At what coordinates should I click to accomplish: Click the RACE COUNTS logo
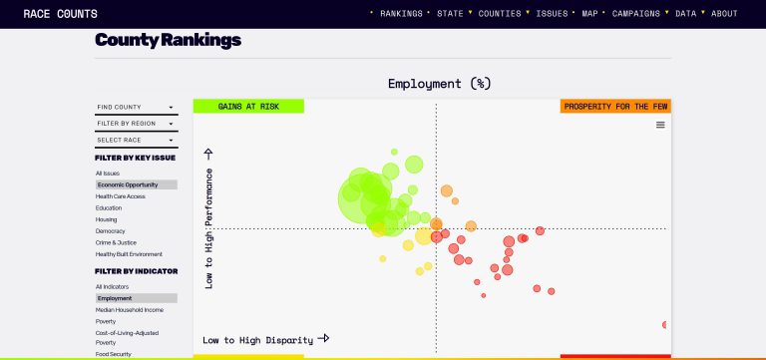(x=61, y=14)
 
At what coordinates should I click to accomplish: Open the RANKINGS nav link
(x=402, y=14)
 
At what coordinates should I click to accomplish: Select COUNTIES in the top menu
(x=500, y=14)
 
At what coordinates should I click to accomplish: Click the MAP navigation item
(x=589, y=14)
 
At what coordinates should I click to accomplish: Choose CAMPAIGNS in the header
(x=635, y=14)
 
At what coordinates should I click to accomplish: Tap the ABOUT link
(x=724, y=14)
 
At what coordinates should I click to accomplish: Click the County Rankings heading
(x=168, y=41)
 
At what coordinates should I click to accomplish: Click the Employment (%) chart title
(x=439, y=83)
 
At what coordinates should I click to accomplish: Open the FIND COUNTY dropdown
(x=135, y=107)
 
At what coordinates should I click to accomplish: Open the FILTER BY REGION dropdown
(x=135, y=124)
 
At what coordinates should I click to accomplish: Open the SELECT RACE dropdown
(x=135, y=140)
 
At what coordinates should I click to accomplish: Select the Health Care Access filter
(x=121, y=196)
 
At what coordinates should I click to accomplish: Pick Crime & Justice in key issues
(x=117, y=242)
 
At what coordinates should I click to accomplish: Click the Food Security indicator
(x=114, y=354)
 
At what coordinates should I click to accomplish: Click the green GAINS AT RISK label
(x=248, y=106)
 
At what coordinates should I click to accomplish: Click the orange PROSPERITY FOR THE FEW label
(x=615, y=106)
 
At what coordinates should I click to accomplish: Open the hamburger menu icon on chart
(x=660, y=125)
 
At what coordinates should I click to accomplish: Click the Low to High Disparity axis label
(x=258, y=340)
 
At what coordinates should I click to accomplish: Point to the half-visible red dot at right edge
(x=665, y=324)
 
